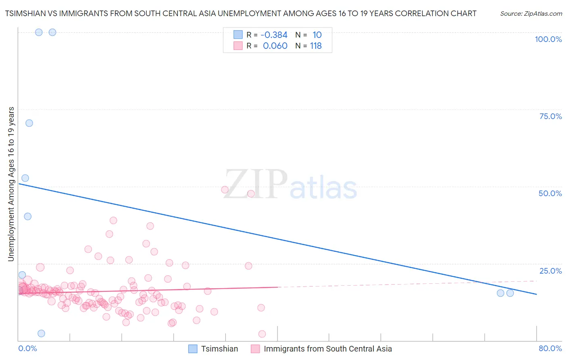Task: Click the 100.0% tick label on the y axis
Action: (x=548, y=39)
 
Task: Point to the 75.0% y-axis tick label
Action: (x=550, y=116)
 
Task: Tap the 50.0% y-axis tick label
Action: (x=550, y=193)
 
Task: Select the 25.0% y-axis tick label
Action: (x=550, y=271)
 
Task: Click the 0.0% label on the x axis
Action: (x=27, y=348)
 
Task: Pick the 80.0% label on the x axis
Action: (x=550, y=348)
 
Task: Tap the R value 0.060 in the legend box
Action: (x=275, y=46)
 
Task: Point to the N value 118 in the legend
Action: (x=316, y=46)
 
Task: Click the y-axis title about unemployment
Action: (x=11, y=184)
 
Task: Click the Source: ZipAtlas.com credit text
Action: (x=531, y=14)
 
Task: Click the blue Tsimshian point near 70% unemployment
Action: (x=29, y=123)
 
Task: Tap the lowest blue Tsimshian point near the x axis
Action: (x=41, y=333)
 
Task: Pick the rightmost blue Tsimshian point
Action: (x=510, y=293)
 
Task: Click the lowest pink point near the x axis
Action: (x=262, y=334)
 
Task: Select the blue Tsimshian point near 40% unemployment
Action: (x=27, y=216)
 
